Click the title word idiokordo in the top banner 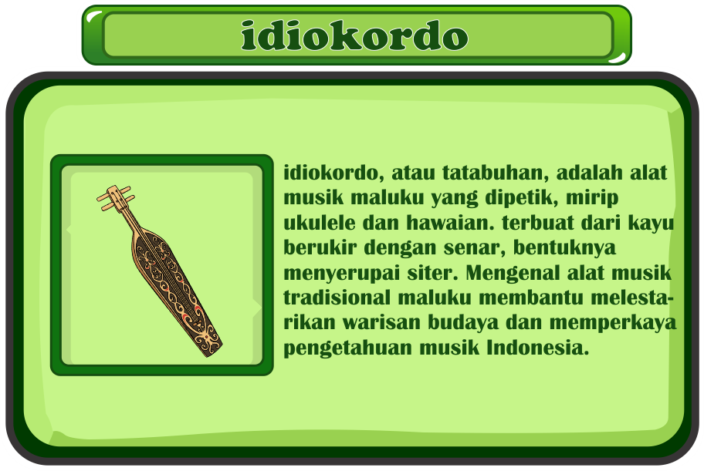click(354, 35)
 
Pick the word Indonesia click(538, 348)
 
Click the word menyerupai click(342, 274)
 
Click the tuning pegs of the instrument click(115, 198)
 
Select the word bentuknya click(564, 248)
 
